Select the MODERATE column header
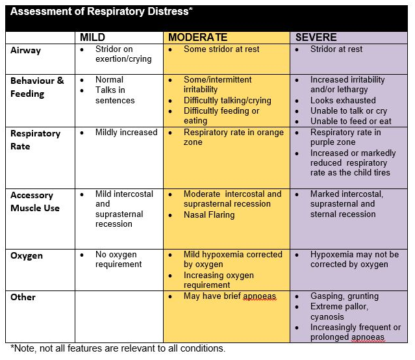(x=198, y=38)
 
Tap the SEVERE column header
(x=316, y=38)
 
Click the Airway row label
(x=27, y=50)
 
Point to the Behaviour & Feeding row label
(x=37, y=87)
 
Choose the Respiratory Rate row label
(x=35, y=140)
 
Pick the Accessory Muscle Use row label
(x=35, y=201)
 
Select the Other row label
(x=23, y=297)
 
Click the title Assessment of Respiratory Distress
(x=101, y=12)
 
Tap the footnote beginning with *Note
(x=118, y=348)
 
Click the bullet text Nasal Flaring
(x=209, y=214)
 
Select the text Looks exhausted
(x=343, y=101)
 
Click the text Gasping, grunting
(x=344, y=296)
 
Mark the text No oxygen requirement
(x=118, y=259)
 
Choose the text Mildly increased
(x=126, y=133)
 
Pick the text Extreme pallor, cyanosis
(x=339, y=312)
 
